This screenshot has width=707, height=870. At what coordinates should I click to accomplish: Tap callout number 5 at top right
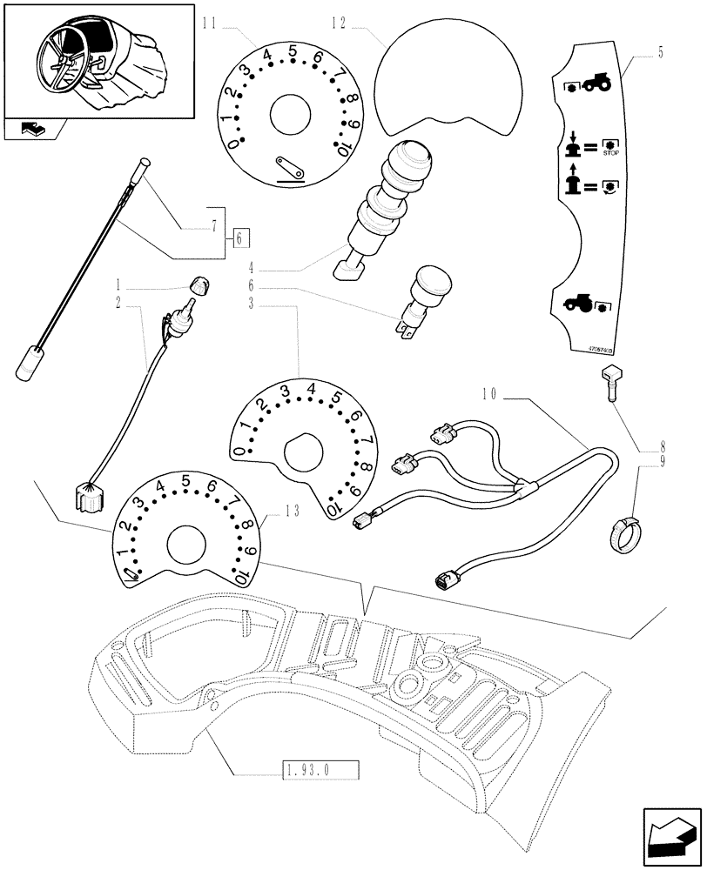point(661,54)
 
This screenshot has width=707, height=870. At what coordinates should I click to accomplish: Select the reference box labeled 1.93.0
point(320,769)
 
